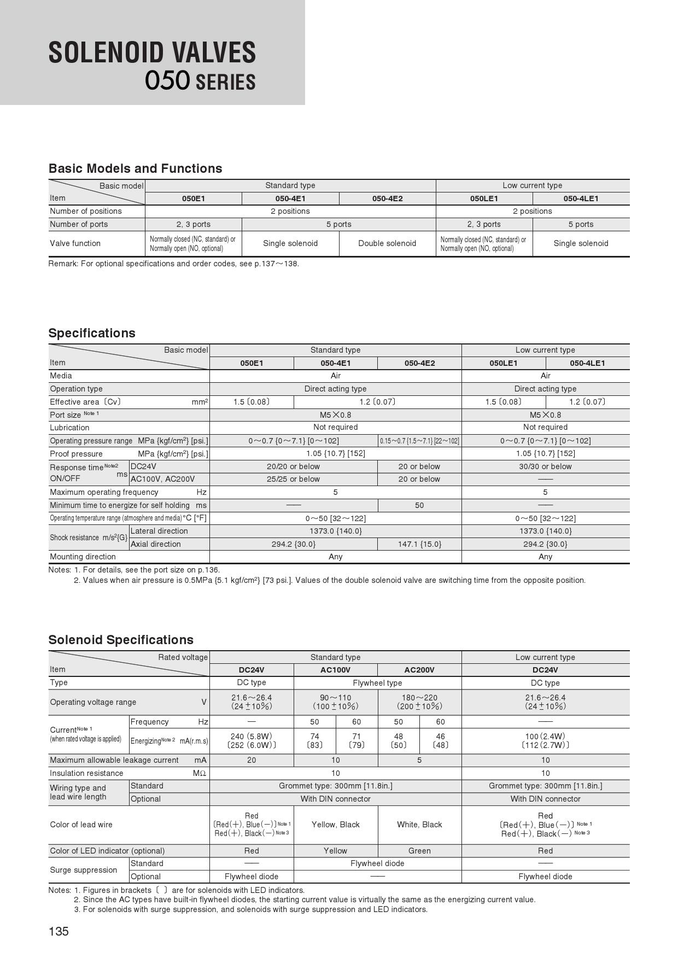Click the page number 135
[x=59, y=931]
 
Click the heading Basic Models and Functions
[x=135, y=168]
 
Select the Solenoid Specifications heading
[x=121, y=640]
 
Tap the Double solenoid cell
[x=387, y=243]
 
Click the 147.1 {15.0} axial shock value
[x=419, y=544]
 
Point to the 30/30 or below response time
[x=545, y=466]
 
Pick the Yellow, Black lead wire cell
[x=335, y=825]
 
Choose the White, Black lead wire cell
[x=419, y=825]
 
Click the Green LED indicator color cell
[x=419, y=851]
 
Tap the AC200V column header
[x=419, y=670]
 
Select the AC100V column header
[x=335, y=670]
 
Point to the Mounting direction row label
[x=83, y=557]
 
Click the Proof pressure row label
[x=77, y=454]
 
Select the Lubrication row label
[x=69, y=428]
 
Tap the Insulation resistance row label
[x=86, y=773]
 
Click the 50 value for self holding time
[x=419, y=505]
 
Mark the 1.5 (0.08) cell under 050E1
[x=252, y=402]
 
